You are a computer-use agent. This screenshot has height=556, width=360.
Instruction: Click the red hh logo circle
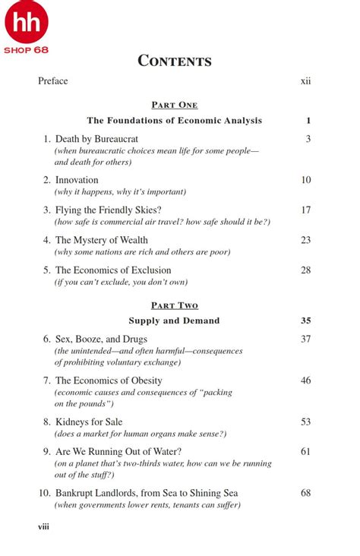tap(27, 22)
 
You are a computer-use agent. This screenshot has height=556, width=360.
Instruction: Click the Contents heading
tap(175, 61)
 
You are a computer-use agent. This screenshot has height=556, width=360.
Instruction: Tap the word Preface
tap(53, 81)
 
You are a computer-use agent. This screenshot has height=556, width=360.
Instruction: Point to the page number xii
tap(305, 81)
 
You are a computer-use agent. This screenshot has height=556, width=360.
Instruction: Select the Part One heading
tap(175, 105)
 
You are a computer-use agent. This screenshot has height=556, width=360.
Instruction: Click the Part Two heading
tap(175, 305)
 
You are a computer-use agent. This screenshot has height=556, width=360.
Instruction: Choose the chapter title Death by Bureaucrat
tap(102, 139)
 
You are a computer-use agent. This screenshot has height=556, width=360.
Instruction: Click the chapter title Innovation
tap(77, 180)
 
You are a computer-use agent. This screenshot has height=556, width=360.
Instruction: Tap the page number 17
tap(305, 210)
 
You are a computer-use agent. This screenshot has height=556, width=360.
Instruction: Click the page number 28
tap(305, 270)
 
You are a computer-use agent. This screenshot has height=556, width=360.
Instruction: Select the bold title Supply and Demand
tap(174, 321)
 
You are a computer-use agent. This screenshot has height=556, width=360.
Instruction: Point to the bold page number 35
tap(305, 321)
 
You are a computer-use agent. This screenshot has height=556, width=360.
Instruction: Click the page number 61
tap(305, 451)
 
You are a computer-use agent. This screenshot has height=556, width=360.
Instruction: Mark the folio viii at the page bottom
tap(43, 526)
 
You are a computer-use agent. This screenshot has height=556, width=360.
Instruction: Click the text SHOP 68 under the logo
tap(27, 50)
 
